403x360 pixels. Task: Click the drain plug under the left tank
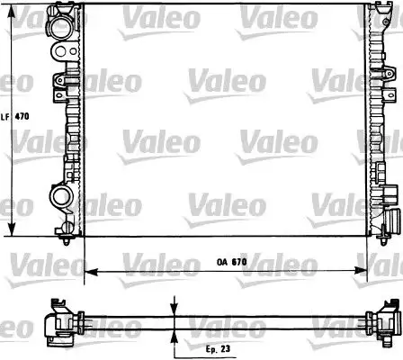pos(70,239)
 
